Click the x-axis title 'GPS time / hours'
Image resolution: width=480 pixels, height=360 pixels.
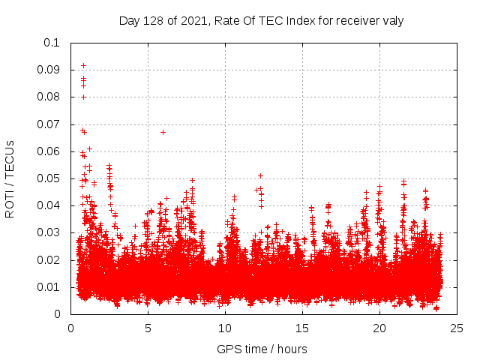[x=262, y=349]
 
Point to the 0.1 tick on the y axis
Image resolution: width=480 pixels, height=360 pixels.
[x=52, y=43]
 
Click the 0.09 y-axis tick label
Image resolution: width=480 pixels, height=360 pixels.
[x=49, y=70]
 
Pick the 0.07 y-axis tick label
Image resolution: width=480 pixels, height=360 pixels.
[x=49, y=124]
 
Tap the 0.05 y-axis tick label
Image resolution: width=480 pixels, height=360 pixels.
[x=49, y=178]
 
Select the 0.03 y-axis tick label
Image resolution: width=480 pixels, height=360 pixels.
[x=49, y=232]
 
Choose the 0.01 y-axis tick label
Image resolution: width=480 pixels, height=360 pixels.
[x=49, y=287]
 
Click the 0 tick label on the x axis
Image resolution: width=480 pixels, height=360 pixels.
[x=70, y=328]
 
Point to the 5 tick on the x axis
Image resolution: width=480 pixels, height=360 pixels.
[x=148, y=328]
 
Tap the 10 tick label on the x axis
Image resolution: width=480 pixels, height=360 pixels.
[x=225, y=328]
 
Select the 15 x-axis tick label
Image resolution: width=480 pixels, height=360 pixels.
[x=302, y=328]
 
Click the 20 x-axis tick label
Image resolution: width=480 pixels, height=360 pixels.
[x=379, y=328]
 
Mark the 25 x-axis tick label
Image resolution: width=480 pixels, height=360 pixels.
[x=457, y=328]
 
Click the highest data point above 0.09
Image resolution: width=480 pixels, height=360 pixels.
[x=83, y=65]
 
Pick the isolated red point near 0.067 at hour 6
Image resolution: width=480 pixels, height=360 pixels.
[x=163, y=132]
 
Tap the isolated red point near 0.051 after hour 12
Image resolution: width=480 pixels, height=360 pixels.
[x=260, y=175]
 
